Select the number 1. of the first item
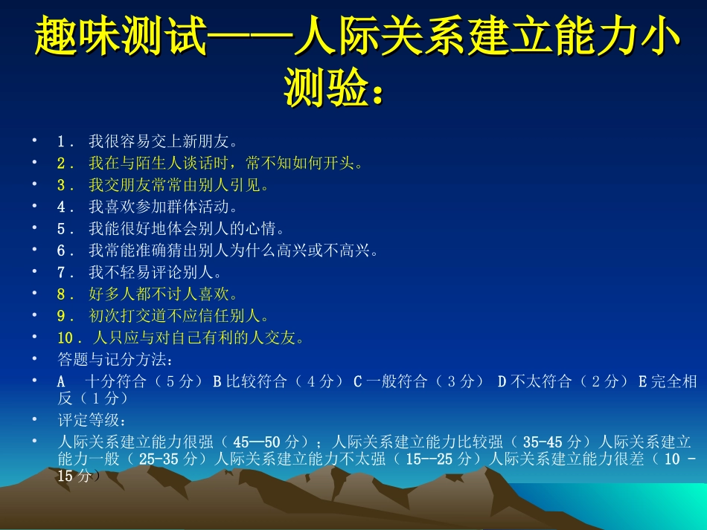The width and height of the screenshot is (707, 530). click(65, 140)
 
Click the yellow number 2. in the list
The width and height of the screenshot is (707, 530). click(65, 163)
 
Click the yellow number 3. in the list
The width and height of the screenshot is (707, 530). click(65, 184)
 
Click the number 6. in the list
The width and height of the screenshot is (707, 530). click(65, 251)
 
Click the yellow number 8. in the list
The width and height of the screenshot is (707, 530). click(65, 294)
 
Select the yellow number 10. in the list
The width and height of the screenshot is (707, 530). click(68, 338)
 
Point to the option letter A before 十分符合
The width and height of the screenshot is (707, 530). click(62, 381)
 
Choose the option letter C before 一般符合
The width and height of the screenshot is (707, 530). click(357, 381)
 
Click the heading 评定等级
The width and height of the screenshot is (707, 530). click(85, 420)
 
